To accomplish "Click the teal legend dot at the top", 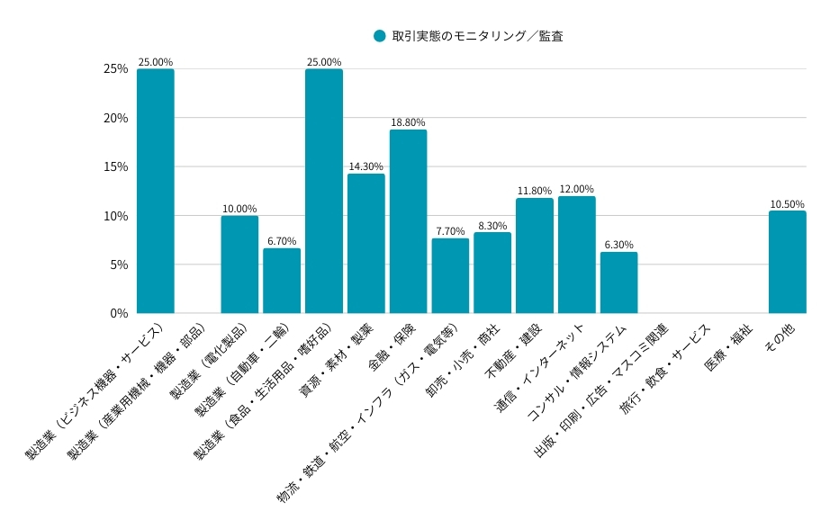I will click(x=380, y=36).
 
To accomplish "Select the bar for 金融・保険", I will click(x=408, y=221).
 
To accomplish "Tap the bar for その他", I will click(x=787, y=262).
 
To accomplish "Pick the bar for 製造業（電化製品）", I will click(x=239, y=264).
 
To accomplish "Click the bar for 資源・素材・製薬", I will click(x=365, y=243).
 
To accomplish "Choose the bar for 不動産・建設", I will click(x=535, y=256).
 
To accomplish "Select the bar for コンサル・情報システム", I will click(x=618, y=282).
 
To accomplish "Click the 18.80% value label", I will click(x=408, y=122).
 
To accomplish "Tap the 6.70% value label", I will click(x=282, y=241).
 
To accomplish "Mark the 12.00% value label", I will click(x=576, y=189).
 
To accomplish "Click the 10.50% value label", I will click(x=787, y=204).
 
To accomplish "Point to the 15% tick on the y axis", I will click(x=115, y=166).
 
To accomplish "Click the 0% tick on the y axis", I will click(x=119, y=313).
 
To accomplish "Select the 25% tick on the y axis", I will click(x=115, y=69).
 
